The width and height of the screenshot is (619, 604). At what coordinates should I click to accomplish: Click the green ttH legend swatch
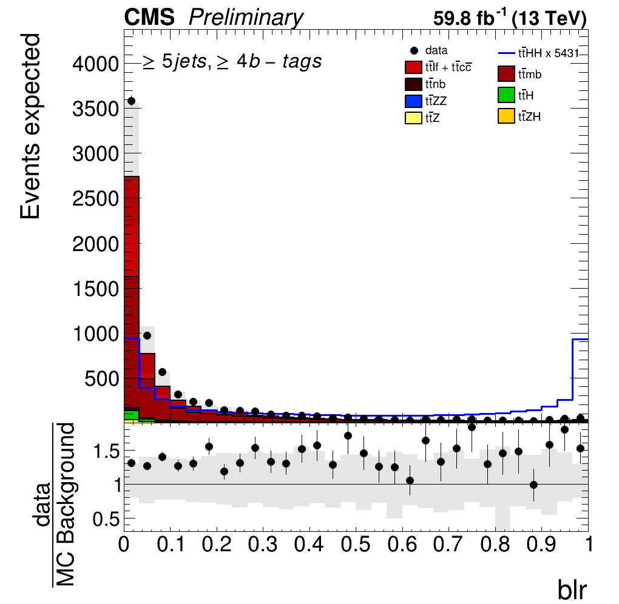[x=506, y=95]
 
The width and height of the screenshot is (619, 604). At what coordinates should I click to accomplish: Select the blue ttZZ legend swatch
[x=413, y=101]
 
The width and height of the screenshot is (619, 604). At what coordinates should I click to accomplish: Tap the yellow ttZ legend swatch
[x=413, y=118]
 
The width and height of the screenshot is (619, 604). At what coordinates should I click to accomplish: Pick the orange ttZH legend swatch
[x=506, y=116]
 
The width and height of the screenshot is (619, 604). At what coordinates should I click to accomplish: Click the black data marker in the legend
[x=414, y=50]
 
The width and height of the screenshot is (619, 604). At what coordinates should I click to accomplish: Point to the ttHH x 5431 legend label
[x=548, y=53]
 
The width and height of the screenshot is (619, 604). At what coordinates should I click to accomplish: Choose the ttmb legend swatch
[x=506, y=74]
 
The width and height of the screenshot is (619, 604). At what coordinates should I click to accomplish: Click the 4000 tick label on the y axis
[x=95, y=64]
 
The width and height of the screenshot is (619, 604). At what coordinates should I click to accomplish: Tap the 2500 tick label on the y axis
[x=95, y=199]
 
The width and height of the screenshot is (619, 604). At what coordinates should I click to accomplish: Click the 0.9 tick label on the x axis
[x=541, y=545]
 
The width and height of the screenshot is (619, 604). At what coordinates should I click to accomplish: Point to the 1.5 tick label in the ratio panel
[x=106, y=451]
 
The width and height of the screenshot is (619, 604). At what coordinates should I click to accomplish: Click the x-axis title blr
[x=572, y=590]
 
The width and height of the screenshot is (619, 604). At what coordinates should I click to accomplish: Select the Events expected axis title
[x=30, y=126]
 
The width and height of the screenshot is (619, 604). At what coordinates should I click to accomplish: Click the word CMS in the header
[x=149, y=18]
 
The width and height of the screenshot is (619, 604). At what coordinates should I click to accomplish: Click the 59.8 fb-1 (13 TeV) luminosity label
[x=510, y=18]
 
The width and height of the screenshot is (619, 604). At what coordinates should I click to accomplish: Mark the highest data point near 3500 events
[x=132, y=101]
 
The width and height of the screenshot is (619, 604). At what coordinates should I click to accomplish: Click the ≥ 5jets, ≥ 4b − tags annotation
[x=232, y=61]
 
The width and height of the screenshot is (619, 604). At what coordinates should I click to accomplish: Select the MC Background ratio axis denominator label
[x=66, y=505]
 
